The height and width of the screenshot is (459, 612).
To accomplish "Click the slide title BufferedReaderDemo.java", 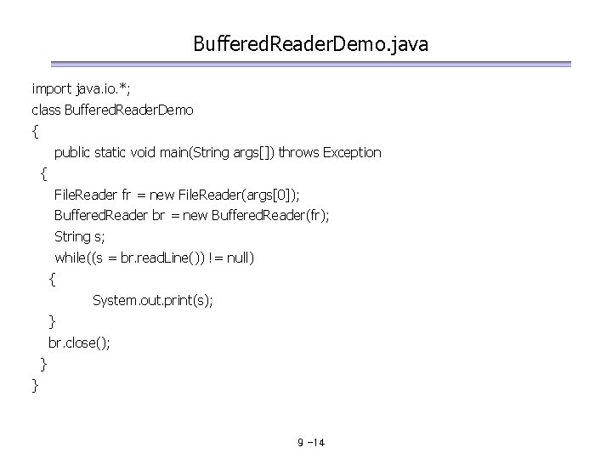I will point(310,42).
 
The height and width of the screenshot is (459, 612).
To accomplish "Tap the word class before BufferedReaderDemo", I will point(45,110).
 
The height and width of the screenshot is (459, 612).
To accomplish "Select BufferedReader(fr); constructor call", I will point(268,216).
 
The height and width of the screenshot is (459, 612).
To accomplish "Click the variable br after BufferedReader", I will point(158,216).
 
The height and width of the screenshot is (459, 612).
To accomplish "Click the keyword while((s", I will point(79,258).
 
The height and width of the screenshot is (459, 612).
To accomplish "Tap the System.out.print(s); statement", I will point(153,300).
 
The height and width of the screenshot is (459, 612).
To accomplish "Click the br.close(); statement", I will point(79,343).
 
